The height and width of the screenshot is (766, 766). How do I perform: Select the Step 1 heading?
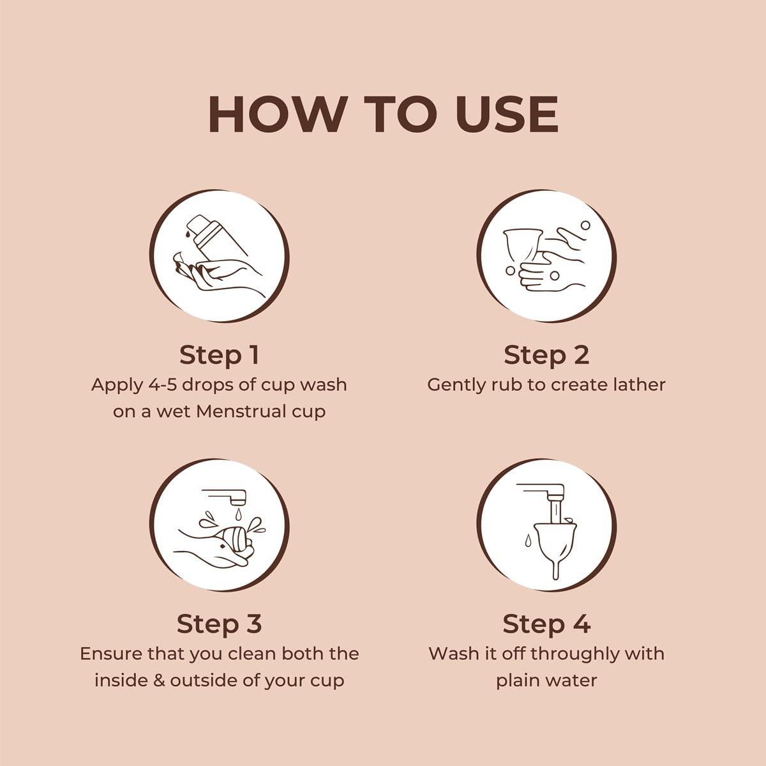(x=219, y=356)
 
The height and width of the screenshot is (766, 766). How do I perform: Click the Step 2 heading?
(x=546, y=356)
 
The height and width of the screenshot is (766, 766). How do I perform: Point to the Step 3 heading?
(x=219, y=624)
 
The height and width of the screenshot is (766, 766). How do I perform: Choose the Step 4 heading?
(x=546, y=624)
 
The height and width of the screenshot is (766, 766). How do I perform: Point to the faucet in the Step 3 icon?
(x=225, y=497)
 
